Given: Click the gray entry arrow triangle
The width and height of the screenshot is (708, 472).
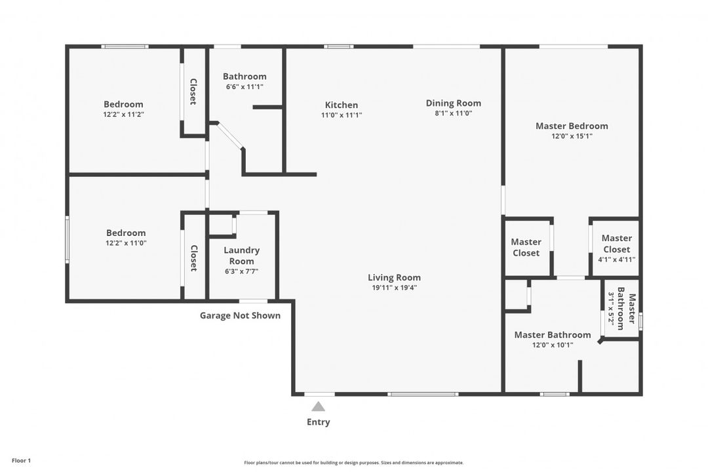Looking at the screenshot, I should (318, 406).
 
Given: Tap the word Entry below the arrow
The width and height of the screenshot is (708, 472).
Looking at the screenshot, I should (318, 422).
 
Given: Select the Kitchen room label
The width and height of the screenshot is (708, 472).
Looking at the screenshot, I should (342, 105).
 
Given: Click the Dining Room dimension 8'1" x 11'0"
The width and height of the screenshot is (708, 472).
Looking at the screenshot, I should (454, 113).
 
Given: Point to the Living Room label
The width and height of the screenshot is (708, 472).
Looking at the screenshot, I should (394, 277).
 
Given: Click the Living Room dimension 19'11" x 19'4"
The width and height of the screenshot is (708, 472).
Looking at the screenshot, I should (394, 288).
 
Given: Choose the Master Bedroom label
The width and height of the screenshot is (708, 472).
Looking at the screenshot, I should (572, 126).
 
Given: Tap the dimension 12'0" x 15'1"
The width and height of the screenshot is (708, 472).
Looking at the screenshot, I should (572, 136).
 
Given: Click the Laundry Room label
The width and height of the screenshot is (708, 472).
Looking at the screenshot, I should (242, 256).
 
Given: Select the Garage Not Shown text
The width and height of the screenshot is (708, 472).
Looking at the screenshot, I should (240, 315).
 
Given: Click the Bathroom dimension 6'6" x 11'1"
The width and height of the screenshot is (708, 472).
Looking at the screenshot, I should (245, 87).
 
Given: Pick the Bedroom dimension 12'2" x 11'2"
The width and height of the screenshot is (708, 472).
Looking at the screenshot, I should (123, 114).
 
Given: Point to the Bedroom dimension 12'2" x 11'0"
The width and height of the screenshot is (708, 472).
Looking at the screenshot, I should (126, 243).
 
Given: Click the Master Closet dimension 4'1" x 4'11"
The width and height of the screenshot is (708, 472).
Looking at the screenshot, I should (616, 260).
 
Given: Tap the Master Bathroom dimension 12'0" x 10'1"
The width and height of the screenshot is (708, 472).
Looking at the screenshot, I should (553, 345).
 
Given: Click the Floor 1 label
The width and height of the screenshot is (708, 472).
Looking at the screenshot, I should (21, 461).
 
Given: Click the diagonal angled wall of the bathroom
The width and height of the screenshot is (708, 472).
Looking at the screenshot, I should (230, 136).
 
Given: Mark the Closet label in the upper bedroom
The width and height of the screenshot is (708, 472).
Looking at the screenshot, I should (193, 92).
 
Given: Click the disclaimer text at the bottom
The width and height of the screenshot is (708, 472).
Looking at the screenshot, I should (354, 463).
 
